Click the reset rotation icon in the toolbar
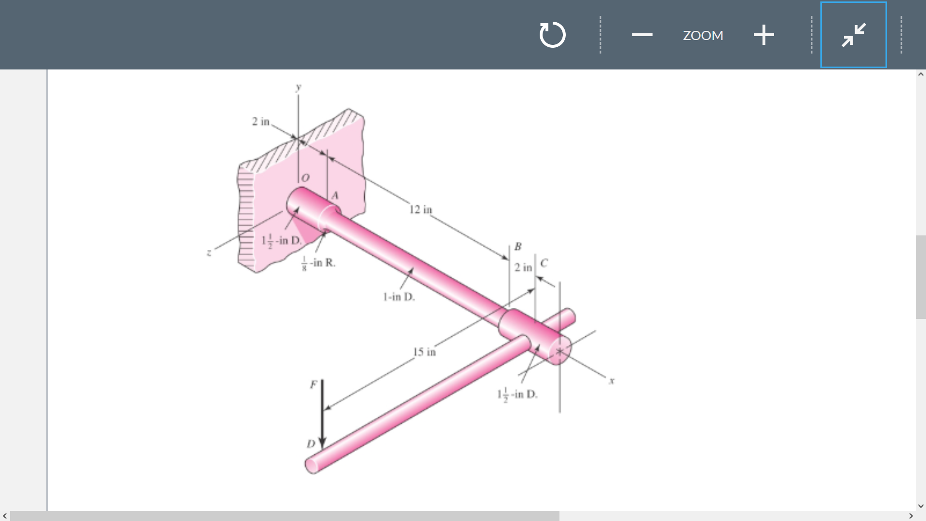click(552, 35)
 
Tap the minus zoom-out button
click(642, 35)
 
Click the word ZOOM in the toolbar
click(703, 36)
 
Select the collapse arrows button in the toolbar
click(853, 35)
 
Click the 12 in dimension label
click(421, 209)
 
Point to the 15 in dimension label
click(424, 352)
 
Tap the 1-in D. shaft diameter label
click(399, 297)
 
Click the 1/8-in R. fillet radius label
click(318, 263)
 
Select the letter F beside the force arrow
click(313, 384)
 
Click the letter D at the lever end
click(311, 444)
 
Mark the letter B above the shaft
click(518, 247)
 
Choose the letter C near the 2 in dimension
click(544, 263)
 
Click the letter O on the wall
click(305, 178)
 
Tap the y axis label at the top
click(299, 87)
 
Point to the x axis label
click(612, 381)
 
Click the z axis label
click(209, 252)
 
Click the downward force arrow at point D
click(322, 415)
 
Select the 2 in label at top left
click(260, 122)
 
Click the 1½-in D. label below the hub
click(517, 395)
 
